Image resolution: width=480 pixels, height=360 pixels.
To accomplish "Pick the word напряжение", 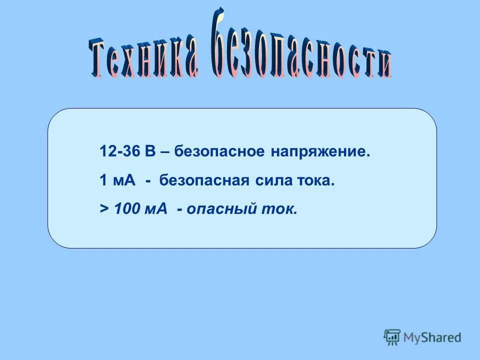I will [x=320, y=151].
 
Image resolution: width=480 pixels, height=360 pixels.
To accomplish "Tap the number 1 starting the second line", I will [x=103, y=180].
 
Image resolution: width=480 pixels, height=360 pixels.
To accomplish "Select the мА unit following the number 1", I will [x=125, y=180].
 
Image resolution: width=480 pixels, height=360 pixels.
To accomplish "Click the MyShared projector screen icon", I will [x=392, y=337].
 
